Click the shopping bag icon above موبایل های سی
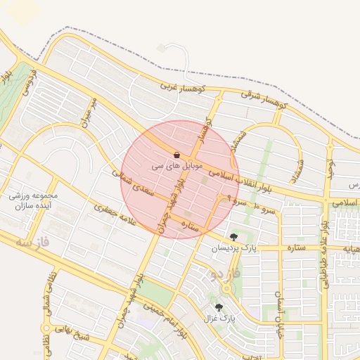coord(176,155)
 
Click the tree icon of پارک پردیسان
coord(233,237)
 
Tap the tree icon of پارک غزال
coord(219,307)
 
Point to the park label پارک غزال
coord(218,319)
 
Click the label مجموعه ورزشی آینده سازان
coord(34,200)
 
